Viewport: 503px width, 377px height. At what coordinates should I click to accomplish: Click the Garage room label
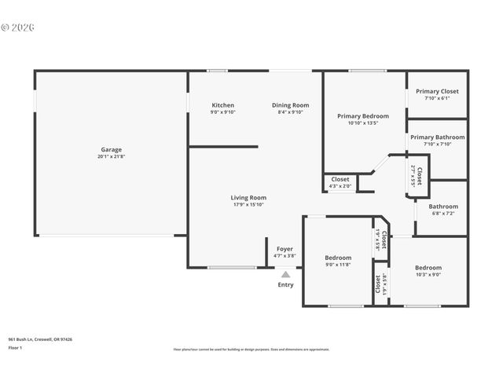111,149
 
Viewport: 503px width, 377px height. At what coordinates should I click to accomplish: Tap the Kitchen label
222,105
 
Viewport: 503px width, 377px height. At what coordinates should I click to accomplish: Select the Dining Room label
290,105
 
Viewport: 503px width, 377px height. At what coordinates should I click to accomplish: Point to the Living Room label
248,198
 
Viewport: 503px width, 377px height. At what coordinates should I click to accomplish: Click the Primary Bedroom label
362,116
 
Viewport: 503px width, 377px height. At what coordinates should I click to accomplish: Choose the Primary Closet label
437,91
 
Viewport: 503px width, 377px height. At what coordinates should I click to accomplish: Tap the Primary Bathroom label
437,137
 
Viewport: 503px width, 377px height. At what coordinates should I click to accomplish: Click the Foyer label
285,249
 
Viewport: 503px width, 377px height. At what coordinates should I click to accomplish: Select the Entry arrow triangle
285,275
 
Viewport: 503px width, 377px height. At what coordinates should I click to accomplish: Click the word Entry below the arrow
285,284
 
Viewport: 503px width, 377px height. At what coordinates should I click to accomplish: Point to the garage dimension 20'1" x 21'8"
111,157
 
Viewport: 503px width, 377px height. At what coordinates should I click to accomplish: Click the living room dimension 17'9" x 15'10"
248,205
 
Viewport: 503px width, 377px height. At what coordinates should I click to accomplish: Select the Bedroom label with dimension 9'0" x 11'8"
338,258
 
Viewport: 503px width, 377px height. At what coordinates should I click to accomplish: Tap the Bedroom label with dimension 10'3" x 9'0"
428,268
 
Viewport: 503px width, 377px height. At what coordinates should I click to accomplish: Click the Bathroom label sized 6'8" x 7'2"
442,207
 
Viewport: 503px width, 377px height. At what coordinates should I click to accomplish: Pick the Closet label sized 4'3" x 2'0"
340,179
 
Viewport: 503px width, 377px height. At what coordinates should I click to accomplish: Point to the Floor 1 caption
16,346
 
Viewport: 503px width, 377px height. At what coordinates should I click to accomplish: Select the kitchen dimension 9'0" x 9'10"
222,112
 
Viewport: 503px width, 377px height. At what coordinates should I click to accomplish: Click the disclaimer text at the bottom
251,350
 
